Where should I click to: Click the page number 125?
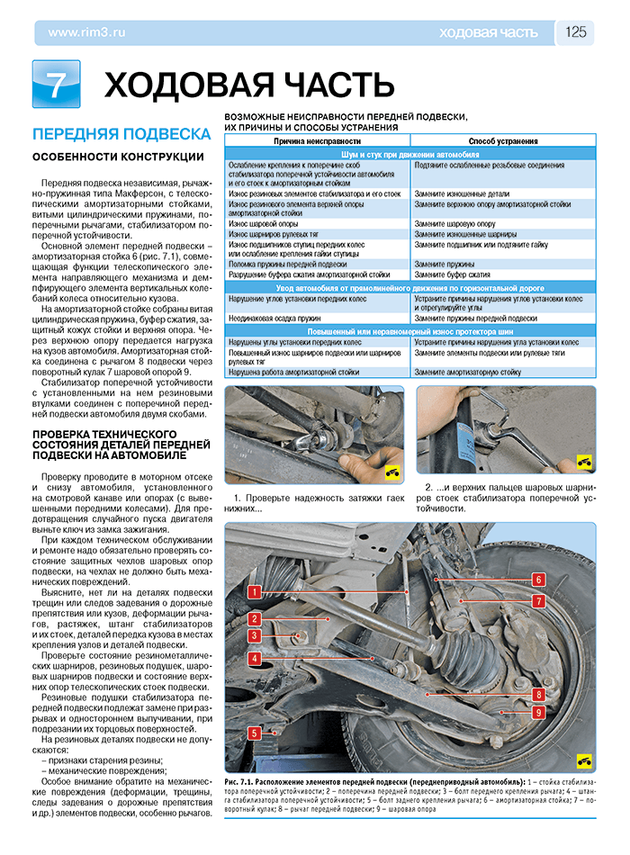(576, 32)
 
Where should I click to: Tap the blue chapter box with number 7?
(56, 85)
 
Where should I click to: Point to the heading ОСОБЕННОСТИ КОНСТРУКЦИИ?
(118, 157)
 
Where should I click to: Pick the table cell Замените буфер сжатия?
(452, 274)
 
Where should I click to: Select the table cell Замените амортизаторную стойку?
(467, 371)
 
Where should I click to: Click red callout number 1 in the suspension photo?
(255, 592)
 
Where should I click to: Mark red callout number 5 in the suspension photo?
(255, 733)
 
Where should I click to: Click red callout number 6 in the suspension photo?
(538, 580)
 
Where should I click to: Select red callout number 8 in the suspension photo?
(538, 694)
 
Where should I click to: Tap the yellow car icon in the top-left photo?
(391, 472)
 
